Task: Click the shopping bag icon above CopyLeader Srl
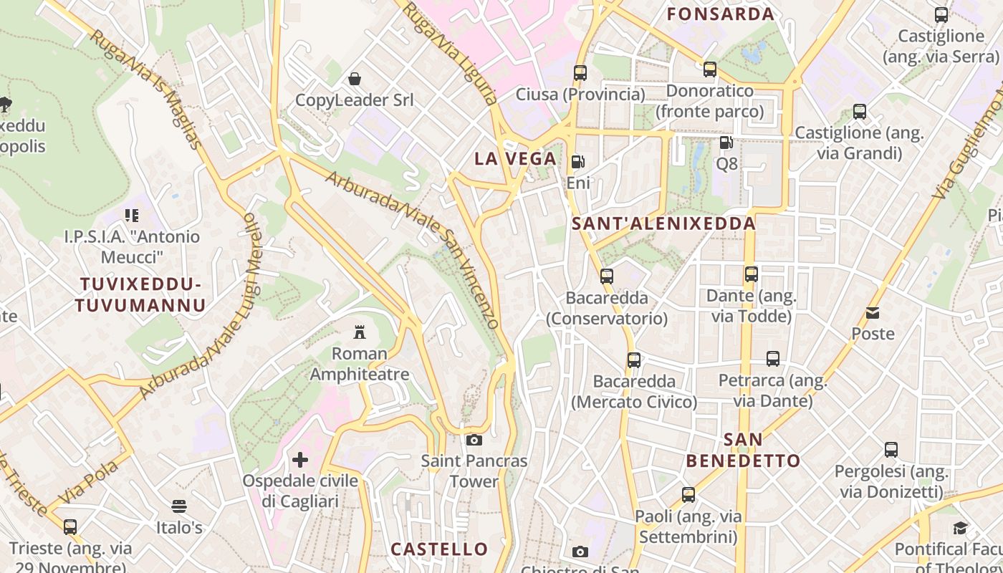coord(355,78)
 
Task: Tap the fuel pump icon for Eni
coord(577,162)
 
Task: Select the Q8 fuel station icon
coord(726,143)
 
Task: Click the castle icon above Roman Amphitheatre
coord(360,332)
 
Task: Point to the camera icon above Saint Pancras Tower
coord(474,440)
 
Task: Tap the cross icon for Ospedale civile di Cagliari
coord(300,459)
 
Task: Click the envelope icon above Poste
coord(873,312)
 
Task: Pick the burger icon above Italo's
coord(179,506)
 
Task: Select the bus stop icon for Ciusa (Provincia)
coord(580,72)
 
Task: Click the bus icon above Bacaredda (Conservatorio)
coord(607,276)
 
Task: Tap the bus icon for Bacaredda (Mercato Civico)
coord(634,360)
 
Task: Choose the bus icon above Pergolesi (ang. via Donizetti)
coord(891,450)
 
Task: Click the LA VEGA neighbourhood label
coord(515,159)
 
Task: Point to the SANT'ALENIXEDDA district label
coord(663,223)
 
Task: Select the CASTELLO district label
coord(439,549)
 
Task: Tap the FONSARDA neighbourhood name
coord(721,14)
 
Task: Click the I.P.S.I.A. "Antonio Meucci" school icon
coord(132,215)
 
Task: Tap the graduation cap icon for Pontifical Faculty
coord(960,529)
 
